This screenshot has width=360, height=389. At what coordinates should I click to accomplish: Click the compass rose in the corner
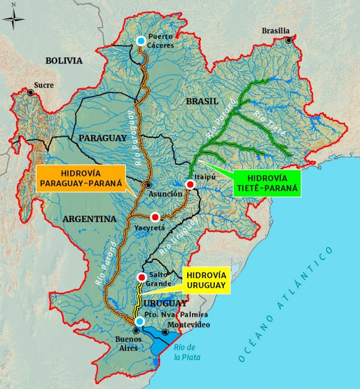pyautogui.click(x=13, y=19)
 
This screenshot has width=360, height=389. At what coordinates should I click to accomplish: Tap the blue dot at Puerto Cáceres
pyautogui.click(x=140, y=40)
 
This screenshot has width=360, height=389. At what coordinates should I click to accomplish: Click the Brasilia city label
pyautogui.click(x=276, y=31)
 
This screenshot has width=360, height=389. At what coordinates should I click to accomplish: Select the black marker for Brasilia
pyautogui.click(x=289, y=40)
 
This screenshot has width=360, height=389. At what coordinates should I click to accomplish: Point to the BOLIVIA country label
pyautogui.click(x=63, y=60)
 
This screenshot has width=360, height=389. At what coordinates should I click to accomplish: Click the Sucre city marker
pyautogui.click(x=30, y=92)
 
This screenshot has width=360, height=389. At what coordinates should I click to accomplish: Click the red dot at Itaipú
pyautogui.click(x=190, y=184)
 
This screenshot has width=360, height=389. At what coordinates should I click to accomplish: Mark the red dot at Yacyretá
pyautogui.click(x=155, y=217)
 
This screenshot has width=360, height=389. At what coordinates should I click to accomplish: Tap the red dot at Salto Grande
pyautogui.click(x=142, y=277)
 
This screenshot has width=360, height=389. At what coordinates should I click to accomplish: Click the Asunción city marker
pyautogui.click(x=148, y=184)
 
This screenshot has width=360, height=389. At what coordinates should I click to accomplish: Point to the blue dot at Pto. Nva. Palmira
pyautogui.click(x=139, y=322)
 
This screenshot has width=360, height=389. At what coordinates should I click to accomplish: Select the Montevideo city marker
pyautogui.click(x=165, y=332)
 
